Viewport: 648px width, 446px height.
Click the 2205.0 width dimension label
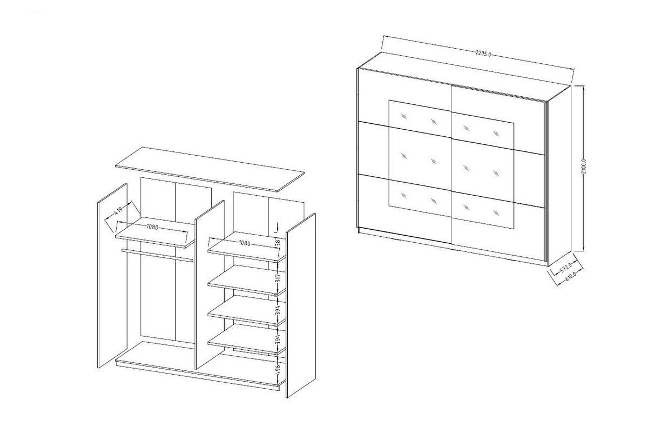pyautogui.click(x=483, y=54)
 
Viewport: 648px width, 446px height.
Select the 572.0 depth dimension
pyautogui.click(x=566, y=267)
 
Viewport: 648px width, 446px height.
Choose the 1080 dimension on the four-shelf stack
pyautogui.click(x=245, y=243)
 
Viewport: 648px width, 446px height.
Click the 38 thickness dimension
pyautogui.click(x=277, y=242)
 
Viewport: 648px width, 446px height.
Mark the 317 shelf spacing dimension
pyautogui.click(x=277, y=279)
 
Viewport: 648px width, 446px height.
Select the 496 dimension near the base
pyautogui.click(x=277, y=370)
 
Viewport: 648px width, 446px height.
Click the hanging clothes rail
pyautogui.click(x=158, y=255)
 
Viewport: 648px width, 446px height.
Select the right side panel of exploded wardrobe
pyautogui.click(x=301, y=305)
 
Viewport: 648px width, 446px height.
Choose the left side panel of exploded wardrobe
pyautogui.click(x=112, y=275)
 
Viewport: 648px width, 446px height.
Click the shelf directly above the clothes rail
pyautogui.click(x=156, y=232)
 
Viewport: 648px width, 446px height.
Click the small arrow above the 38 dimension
pyautogui.click(x=277, y=228)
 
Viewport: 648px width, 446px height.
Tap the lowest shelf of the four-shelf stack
pyautogui.click(x=246, y=340)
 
